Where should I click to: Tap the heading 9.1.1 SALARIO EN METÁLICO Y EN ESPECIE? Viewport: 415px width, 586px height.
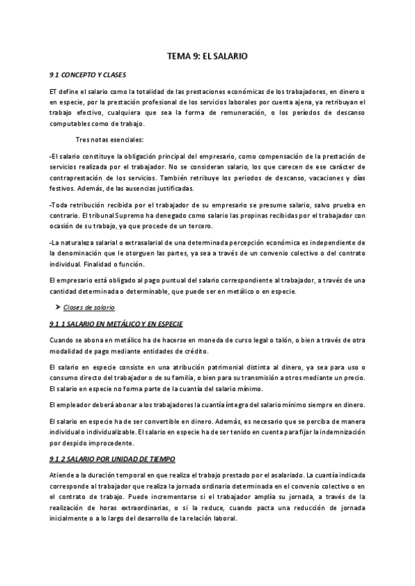116,324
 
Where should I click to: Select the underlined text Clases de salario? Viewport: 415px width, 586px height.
89,307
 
